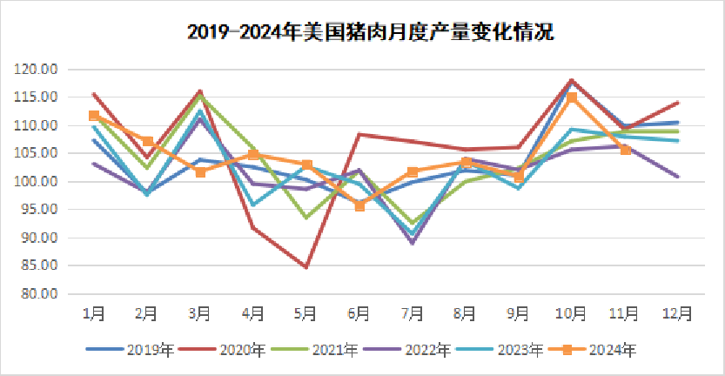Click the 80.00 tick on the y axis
(41, 293)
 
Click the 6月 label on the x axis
(359, 312)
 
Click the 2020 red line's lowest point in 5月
(306, 267)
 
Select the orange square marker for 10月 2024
(572, 97)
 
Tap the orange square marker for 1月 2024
(94, 116)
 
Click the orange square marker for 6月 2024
(359, 206)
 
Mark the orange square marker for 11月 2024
(625, 150)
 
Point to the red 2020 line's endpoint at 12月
(678, 103)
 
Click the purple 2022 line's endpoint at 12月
(678, 177)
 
